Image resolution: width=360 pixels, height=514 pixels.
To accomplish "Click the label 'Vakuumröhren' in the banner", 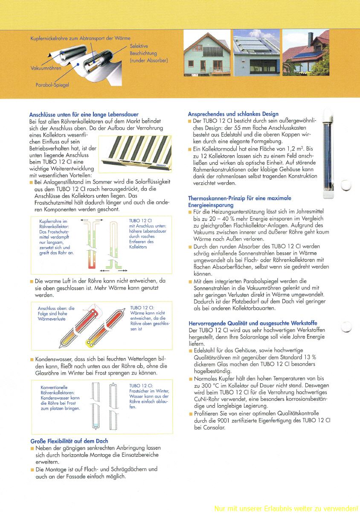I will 46,68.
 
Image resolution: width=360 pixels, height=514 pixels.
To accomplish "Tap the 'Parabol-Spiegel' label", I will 52,85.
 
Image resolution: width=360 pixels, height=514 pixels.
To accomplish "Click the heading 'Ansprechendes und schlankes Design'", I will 233,114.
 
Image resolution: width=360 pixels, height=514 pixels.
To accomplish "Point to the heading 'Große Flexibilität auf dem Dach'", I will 69,441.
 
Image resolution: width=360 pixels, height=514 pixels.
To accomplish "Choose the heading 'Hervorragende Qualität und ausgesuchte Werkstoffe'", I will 253,323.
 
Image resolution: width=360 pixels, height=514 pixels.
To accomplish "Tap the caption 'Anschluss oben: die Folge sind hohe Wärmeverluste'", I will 55,313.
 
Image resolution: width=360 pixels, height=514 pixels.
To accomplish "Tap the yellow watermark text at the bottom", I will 286,508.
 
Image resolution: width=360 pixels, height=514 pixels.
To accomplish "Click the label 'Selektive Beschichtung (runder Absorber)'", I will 148,53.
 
